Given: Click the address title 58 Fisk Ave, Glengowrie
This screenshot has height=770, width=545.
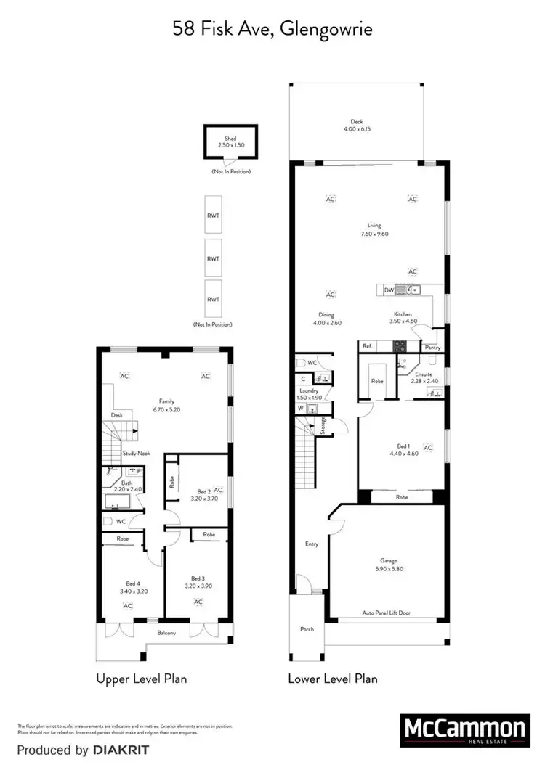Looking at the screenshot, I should pyautogui.click(x=272, y=29).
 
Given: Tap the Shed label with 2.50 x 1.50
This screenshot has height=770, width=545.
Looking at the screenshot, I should pyautogui.click(x=230, y=142).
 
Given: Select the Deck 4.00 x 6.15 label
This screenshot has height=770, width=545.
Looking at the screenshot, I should pyautogui.click(x=356, y=126).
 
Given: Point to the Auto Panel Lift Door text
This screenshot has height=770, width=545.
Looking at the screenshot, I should pyautogui.click(x=386, y=613).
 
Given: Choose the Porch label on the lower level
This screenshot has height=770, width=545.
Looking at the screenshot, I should pyautogui.click(x=307, y=629).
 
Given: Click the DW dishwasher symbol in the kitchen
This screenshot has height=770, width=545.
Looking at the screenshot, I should pyautogui.click(x=389, y=290).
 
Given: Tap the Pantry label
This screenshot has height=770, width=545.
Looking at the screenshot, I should pyautogui.click(x=433, y=348).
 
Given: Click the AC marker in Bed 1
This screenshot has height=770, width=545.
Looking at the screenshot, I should pyautogui.click(x=428, y=448).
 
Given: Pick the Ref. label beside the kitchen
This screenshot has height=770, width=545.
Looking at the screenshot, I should pyautogui.click(x=368, y=347).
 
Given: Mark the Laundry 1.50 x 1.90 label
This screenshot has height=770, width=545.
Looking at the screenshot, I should pyautogui.click(x=308, y=394).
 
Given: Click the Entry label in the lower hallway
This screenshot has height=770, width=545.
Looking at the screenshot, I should pyautogui.click(x=311, y=543).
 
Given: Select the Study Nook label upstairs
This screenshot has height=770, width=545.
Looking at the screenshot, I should pyautogui.click(x=135, y=453).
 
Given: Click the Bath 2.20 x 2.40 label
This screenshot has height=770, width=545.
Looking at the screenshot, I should pyautogui.click(x=126, y=486).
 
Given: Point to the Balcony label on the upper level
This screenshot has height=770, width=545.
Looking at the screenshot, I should pyautogui.click(x=169, y=634).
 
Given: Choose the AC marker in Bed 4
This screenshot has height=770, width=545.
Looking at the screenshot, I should pyautogui.click(x=127, y=605).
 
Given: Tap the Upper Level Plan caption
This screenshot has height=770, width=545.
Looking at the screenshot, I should pyautogui.click(x=142, y=679).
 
